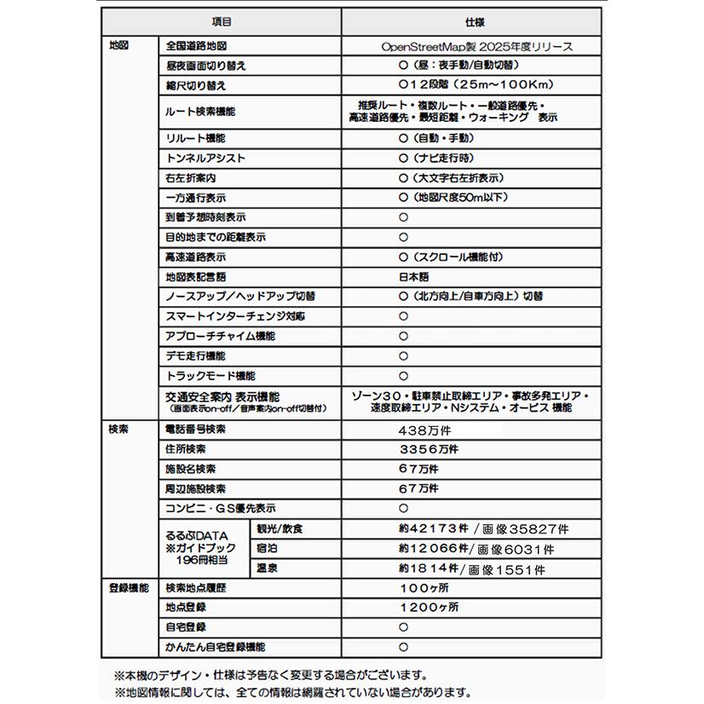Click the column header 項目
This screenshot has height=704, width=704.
[221, 22]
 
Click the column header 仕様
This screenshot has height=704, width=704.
[476, 22]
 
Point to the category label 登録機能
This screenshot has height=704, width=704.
[128, 588]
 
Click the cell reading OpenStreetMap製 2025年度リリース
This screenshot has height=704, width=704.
[476, 46]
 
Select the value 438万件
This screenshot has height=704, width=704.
[424, 430]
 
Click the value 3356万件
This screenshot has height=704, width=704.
[428, 449]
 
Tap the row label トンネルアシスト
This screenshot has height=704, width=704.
[205, 159]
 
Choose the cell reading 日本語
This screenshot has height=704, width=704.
[415, 277]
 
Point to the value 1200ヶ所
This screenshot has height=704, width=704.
[430, 608]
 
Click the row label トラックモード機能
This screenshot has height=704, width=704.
[210, 376]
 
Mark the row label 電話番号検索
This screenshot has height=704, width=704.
[195, 430]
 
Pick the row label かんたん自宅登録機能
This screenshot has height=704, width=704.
[215, 647]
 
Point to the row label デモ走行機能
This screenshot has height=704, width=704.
[195, 356]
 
